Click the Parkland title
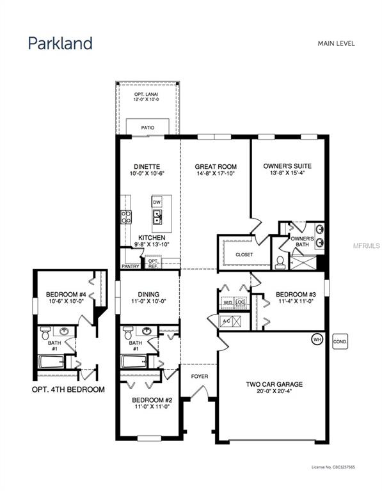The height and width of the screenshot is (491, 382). tap(60, 43)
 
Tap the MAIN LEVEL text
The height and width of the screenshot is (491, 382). tap(336, 43)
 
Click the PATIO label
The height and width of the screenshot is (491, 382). tap(147, 128)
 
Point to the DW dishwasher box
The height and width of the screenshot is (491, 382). tap(157, 202)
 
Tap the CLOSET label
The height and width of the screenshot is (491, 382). tap(244, 254)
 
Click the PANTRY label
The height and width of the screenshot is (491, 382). tap(131, 266)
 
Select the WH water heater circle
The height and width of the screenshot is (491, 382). tap(316, 338)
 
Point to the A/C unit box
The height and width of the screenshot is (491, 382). tap(227, 321)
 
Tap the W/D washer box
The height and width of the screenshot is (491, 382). tap(227, 303)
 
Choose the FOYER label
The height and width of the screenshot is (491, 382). tap(200, 377)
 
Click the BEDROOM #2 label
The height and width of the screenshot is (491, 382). tap(152, 405)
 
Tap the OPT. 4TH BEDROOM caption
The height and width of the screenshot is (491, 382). tap(68, 388)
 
